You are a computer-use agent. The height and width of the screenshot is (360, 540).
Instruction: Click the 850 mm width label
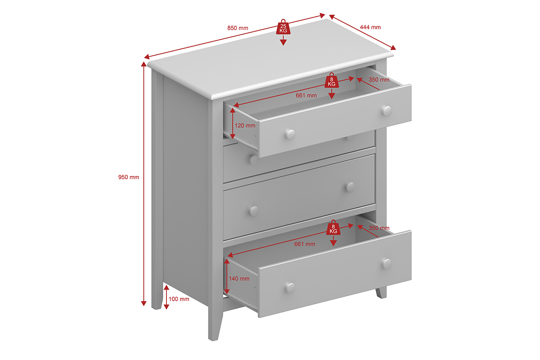pos(238,28)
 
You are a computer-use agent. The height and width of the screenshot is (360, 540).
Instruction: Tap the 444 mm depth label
pos(370,27)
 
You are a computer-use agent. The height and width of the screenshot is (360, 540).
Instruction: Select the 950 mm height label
pos(129,177)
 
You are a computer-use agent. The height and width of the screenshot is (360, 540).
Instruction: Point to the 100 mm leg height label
pos(179,299)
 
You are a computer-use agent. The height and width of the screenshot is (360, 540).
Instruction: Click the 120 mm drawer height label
pos(245,126)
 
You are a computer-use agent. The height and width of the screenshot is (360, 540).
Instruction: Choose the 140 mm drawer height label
pos(239,279)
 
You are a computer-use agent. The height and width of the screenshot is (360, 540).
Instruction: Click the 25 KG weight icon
pos(283,27)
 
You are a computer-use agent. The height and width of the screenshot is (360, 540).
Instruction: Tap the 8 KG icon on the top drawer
pos(332,81)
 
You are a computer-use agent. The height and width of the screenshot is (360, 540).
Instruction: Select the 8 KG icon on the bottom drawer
pos(333,228)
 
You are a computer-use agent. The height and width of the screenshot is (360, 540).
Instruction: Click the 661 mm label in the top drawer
pos(306,95)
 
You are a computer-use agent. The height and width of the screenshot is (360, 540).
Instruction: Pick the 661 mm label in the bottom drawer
pos(305,244)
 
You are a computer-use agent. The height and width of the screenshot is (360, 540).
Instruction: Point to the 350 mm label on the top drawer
pos(379,80)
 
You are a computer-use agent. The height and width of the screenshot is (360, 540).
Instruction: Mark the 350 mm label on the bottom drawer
pos(379,228)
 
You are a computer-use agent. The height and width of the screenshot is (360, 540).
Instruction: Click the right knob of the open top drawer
pos(387,111)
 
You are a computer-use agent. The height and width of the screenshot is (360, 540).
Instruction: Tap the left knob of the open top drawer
pos(290,134)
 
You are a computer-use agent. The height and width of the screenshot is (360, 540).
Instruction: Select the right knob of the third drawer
pos(350,187)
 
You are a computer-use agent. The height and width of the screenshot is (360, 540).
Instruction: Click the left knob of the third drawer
pos(254,211)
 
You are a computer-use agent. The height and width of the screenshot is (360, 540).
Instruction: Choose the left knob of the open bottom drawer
pos(290,288)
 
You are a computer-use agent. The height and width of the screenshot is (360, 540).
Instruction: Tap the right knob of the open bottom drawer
pos(387,264)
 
